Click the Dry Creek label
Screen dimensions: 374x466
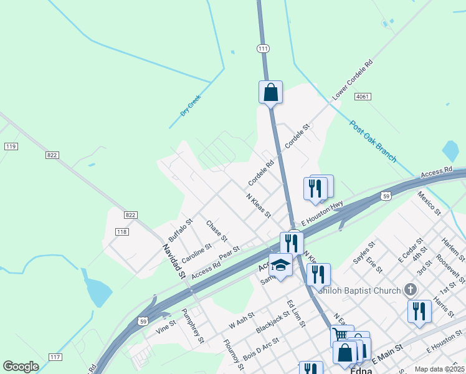pos(191,105)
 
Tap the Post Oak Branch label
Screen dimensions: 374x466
pos(373,141)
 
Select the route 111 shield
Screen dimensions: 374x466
pos(264,48)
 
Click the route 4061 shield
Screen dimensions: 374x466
pos(363,97)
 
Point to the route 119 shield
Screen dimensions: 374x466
pos(11,146)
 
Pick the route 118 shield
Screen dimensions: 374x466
pos(122,232)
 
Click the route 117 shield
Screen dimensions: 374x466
pos(55,357)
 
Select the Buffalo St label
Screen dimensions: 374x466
pos(181,229)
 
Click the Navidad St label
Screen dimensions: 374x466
pos(174,261)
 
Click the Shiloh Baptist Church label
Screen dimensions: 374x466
pos(360,290)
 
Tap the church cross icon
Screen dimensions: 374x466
pos(410,289)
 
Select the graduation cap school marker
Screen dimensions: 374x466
pos(280,266)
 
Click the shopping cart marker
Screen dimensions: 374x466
pos(340,335)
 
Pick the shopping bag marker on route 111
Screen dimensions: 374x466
pos(270,92)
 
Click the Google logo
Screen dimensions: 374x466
pos(21,367)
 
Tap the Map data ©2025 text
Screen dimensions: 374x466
pos(439,369)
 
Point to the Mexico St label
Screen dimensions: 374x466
pos(429,203)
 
